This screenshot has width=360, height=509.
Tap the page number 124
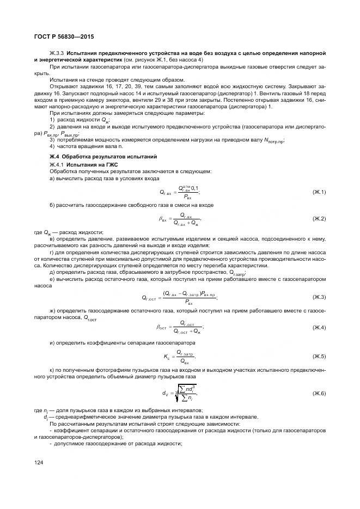pos(38,463)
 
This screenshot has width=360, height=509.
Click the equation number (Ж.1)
pos(319,192)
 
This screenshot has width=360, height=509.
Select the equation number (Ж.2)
pos(319,219)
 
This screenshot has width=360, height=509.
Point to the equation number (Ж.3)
pos(319,297)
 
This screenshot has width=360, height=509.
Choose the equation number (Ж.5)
pos(319,356)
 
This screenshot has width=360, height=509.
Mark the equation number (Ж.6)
pos(319,393)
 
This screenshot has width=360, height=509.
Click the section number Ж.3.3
pos(57,52)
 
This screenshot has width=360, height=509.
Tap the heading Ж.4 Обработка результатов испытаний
pos(103,157)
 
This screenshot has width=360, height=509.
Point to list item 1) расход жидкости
pos(79,120)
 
